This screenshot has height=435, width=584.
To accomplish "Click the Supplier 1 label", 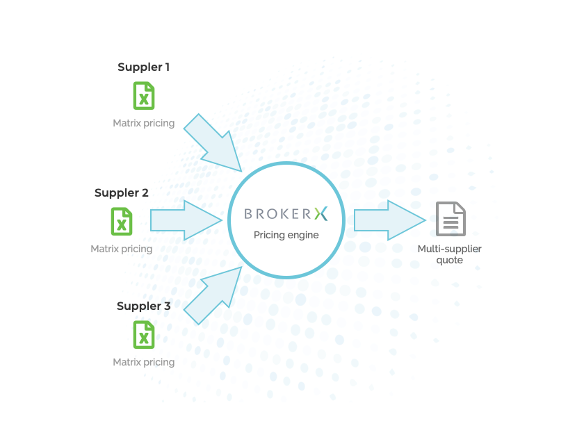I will click(143, 67).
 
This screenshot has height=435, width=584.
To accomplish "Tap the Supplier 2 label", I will click(122, 193).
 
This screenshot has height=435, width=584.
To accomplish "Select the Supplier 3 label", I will click(143, 306).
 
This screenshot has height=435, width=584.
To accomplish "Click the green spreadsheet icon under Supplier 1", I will click(144, 96).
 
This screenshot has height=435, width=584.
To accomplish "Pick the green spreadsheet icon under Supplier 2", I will click(122, 222).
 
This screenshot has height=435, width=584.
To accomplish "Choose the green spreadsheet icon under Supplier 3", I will click(144, 335).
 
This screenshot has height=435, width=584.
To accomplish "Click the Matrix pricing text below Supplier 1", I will click(143, 124).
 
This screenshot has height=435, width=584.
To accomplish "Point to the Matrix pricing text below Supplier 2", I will click(121, 249).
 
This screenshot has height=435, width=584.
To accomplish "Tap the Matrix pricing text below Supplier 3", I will click(143, 362).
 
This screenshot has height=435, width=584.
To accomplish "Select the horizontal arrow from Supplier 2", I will click(184, 220).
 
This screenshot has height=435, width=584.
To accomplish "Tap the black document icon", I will click(451, 219).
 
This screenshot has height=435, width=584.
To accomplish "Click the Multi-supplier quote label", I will click(449, 254).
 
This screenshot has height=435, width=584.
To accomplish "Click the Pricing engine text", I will click(286, 235).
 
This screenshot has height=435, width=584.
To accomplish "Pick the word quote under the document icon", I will click(449, 261).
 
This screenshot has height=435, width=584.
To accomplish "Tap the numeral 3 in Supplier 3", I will click(167, 306).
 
